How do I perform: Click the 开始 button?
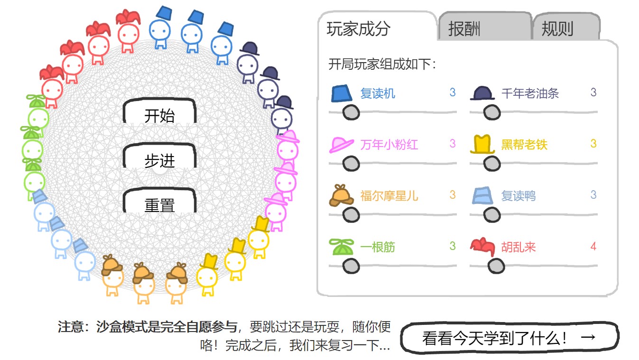[x=159, y=116]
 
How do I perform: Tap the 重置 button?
[x=159, y=205]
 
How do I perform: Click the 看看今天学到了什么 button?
[x=509, y=338]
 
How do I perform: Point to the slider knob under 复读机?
[x=351, y=112]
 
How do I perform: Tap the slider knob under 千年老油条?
[x=492, y=112]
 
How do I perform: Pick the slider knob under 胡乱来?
[x=496, y=266]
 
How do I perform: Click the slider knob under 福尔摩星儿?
[x=351, y=215]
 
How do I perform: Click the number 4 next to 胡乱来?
[x=593, y=246]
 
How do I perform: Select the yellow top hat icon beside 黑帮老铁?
[x=482, y=144]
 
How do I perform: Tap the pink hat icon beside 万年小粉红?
[x=342, y=144]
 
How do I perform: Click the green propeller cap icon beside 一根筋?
[x=342, y=247]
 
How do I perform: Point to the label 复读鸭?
[x=519, y=195]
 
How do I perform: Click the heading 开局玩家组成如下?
[x=382, y=64]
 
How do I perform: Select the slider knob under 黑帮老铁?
[x=492, y=164]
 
